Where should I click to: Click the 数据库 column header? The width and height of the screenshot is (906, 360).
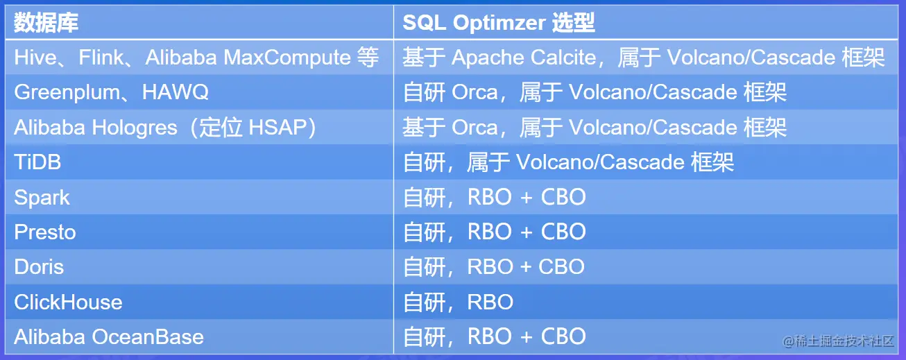coord(46,23)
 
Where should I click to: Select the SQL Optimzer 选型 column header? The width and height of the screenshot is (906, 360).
coord(499,23)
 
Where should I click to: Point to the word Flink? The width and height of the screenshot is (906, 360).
coord(102,58)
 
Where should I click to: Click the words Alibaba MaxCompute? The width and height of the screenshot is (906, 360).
coord(248,58)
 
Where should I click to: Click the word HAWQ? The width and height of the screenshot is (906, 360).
coord(176,92)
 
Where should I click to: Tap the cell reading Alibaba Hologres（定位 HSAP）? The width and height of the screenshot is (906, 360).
coord(166,128)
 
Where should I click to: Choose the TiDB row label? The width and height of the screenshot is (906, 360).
coord(37,162)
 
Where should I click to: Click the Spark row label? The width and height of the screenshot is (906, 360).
coord(42,198)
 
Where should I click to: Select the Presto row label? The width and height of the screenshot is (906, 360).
coord(45,232)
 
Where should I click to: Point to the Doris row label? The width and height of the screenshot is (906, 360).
coord(39,267)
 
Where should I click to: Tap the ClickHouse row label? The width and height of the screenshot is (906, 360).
coord(68,302)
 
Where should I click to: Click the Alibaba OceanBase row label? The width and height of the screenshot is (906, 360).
coord(109,337)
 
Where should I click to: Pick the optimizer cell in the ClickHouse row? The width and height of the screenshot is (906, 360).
coord(458,302)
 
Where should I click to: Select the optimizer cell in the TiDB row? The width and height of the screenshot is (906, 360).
coord(568,162)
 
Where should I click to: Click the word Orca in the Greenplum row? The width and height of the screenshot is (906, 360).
coord(475,92)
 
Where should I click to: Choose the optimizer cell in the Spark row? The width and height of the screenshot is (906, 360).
coord(494,198)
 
